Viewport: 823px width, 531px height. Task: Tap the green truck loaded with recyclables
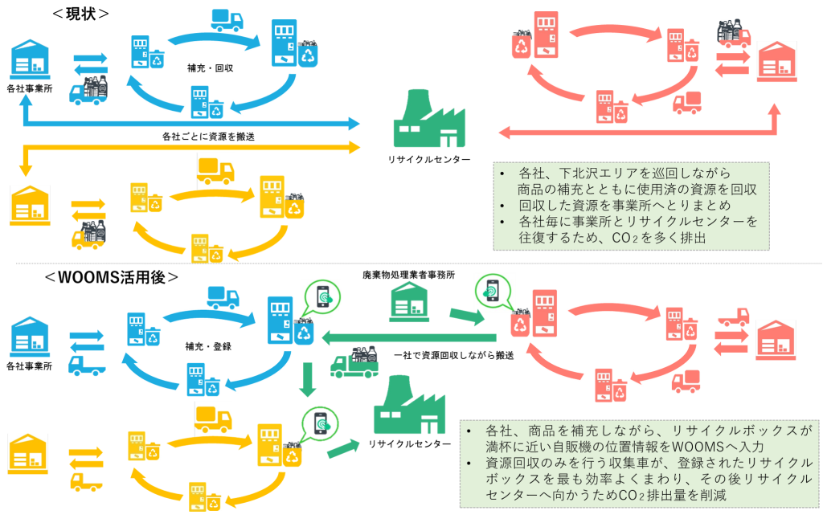pos(354,363)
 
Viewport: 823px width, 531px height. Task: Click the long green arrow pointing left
pos(410,337)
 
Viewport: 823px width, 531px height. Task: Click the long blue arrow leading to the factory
pos(193,124)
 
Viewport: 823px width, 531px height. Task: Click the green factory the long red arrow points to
pos(429,120)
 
